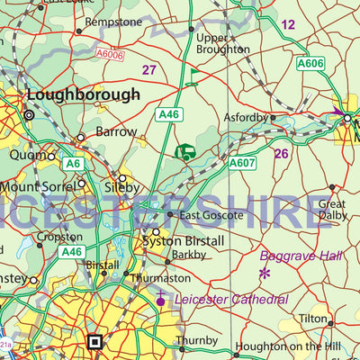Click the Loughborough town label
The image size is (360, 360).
(x=84, y=94)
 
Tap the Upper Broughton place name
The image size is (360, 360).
(x=222, y=43)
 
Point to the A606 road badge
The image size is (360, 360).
(x=310, y=63)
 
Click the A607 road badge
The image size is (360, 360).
(x=241, y=163)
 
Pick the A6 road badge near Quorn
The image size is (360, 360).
(x=73, y=163)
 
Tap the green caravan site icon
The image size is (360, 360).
(x=185, y=153)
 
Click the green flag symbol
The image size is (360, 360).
(x=192, y=76)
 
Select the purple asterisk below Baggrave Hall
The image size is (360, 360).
(x=265, y=273)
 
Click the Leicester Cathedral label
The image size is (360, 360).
(x=231, y=299)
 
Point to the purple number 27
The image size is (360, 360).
(x=149, y=69)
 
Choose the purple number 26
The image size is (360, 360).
(x=281, y=153)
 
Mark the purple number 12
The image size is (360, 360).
(x=287, y=24)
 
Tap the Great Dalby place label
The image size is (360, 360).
(x=331, y=210)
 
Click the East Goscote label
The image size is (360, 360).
(x=211, y=215)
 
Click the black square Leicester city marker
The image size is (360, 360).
(x=94, y=341)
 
